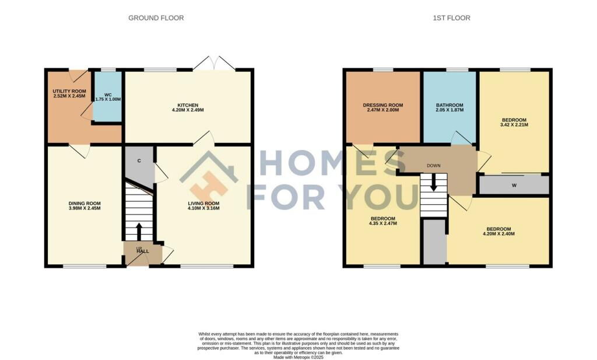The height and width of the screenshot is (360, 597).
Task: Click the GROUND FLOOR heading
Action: tap(156, 18)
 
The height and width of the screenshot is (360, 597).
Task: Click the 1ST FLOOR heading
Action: tap(451, 18)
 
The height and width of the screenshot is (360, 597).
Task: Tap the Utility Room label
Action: tap(69, 92)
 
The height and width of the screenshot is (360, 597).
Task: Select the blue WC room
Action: tap(108, 96)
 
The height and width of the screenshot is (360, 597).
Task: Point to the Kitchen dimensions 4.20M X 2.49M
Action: tap(188, 110)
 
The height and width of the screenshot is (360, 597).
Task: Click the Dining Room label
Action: tap(85, 204)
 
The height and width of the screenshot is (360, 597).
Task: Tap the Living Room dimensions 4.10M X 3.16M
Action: tap(203, 208)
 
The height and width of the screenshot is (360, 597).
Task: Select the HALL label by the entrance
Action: tap(143, 251)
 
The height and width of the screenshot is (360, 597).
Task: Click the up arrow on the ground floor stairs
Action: tap(139, 229)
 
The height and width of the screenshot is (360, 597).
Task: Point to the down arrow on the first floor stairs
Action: tap(434, 184)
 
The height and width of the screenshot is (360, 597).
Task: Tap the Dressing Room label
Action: tap(382, 105)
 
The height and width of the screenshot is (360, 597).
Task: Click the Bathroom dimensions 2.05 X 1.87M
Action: tap(449, 110)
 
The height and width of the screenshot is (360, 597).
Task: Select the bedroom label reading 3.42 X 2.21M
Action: tap(514, 125)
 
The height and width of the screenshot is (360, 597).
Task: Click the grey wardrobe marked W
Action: tap(514, 186)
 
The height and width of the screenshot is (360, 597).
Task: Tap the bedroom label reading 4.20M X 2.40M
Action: tap(499, 234)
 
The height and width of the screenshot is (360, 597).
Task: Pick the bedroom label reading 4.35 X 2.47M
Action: tap(383, 223)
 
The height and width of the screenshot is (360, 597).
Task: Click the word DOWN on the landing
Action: tap(434, 166)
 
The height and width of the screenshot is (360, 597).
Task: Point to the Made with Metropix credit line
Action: tap(298, 358)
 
